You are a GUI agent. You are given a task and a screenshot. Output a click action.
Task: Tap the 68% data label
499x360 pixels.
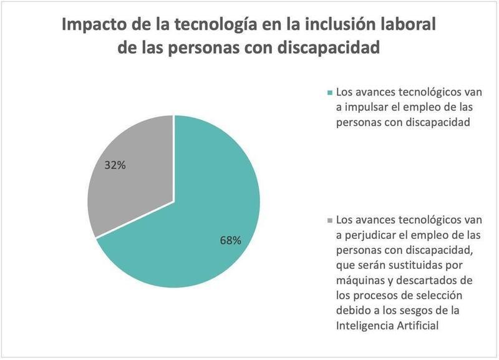(x=230, y=240)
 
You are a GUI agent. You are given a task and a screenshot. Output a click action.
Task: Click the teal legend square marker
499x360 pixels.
(x=330, y=92)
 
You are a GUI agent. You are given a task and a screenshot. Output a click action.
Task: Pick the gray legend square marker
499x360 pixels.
(x=330, y=221)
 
